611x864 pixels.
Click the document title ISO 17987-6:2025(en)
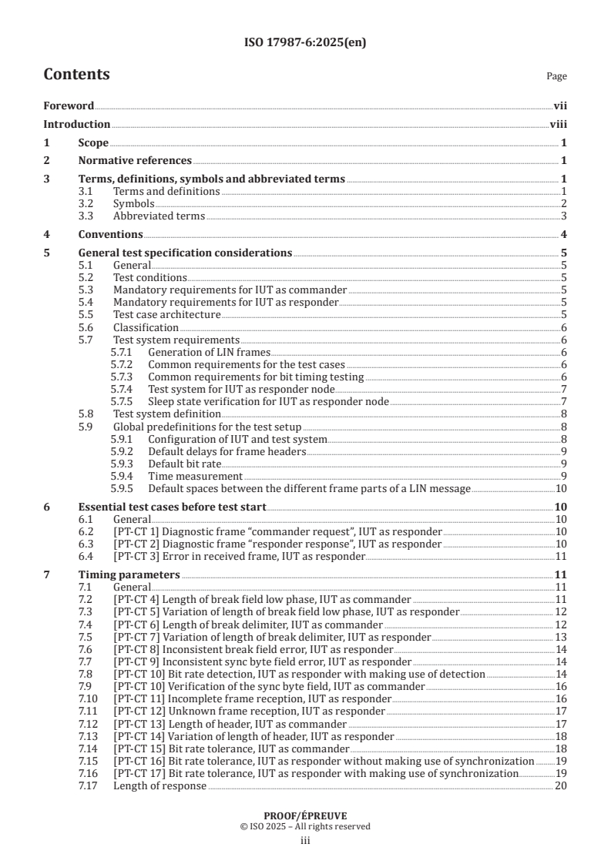[305, 42]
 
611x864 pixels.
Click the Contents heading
[76, 75]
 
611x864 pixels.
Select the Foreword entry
[69, 106]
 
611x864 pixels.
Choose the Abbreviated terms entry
[159, 216]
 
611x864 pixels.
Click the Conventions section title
[110, 234]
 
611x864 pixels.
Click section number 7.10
[90, 698]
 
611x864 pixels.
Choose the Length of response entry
[159, 785]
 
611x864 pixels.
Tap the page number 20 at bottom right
[561, 785]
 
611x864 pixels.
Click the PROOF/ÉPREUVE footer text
[305, 815]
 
